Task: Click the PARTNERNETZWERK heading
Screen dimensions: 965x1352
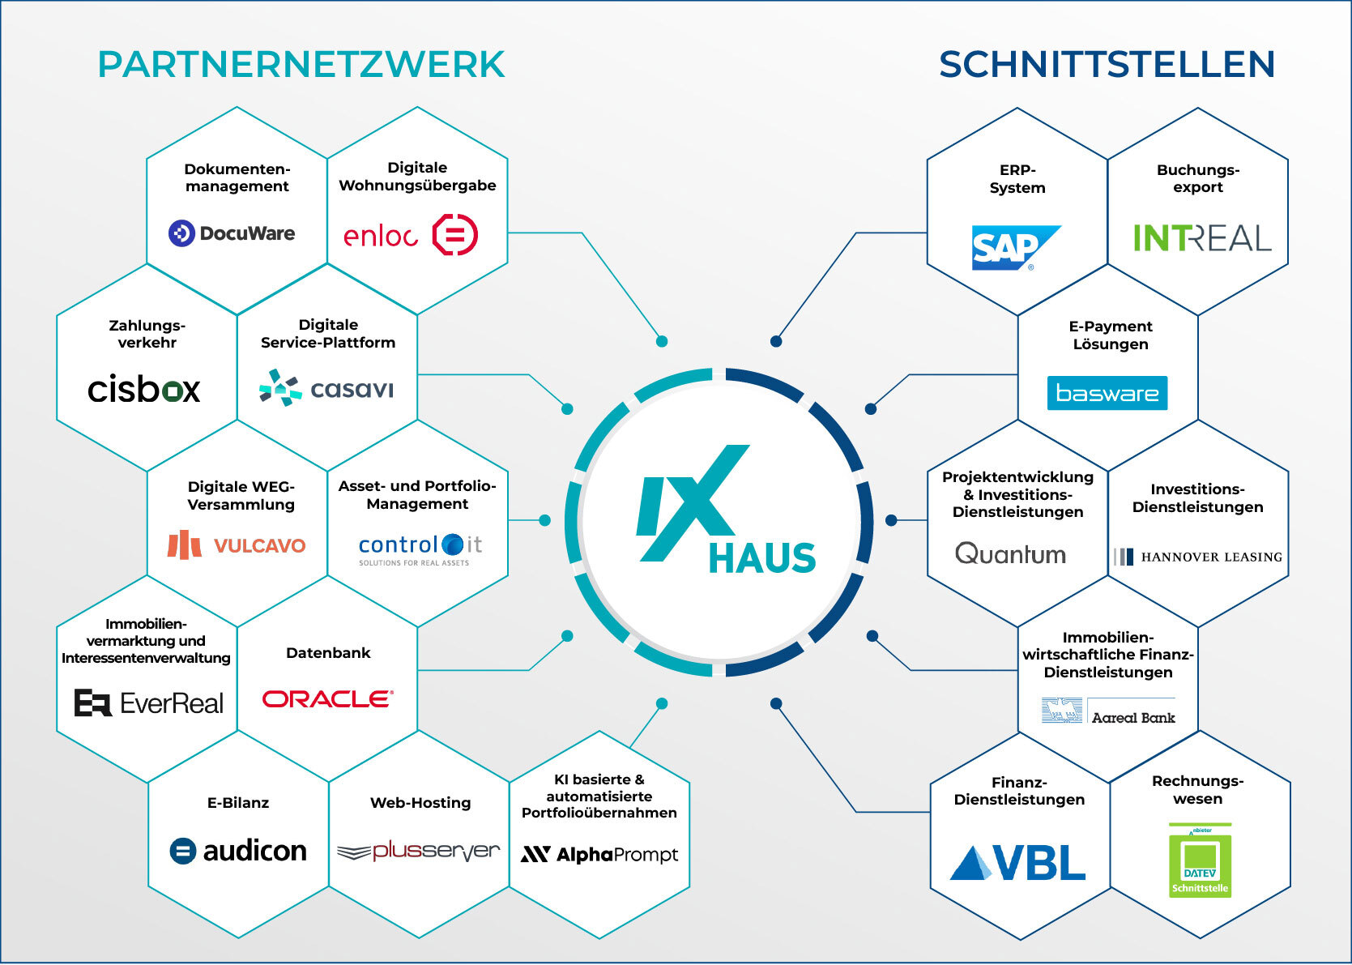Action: tap(301, 65)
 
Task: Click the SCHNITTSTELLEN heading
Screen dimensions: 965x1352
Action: tap(1107, 65)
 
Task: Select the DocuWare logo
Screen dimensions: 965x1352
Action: tap(232, 233)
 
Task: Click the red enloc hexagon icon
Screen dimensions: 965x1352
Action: tap(455, 235)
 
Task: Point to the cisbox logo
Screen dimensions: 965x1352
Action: tap(144, 390)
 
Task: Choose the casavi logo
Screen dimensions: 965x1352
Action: tap(326, 388)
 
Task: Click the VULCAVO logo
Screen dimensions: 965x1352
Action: tap(237, 545)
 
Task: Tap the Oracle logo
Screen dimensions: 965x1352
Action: tap(328, 698)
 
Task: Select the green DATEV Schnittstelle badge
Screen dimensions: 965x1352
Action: tap(1200, 860)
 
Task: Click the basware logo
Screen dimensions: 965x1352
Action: tap(1107, 393)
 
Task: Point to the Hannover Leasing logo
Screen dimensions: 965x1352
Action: tap(1198, 557)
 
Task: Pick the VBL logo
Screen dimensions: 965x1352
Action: tap(1018, 863)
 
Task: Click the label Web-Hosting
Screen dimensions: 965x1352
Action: tap(420, 803)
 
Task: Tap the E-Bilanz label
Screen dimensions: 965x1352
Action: tap(238, 803)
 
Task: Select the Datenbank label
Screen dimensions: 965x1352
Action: tap(328, 653)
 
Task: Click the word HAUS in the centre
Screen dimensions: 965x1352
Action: tap(761, 558)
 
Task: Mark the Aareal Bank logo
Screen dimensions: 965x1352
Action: tap(1108, 711)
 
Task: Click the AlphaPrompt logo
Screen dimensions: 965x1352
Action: tap(599, 855)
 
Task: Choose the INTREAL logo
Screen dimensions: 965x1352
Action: tap(1201, 238)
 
